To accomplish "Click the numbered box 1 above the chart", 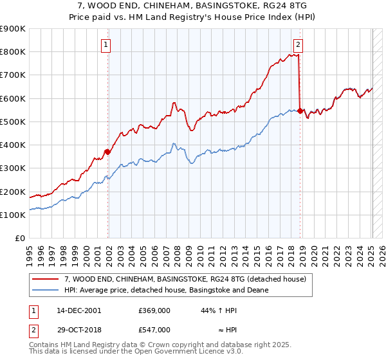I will pos(106,44).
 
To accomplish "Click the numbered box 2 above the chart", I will pos(299,44).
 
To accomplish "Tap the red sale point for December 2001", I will pos(108,152).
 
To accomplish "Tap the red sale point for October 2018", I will pos(300,111).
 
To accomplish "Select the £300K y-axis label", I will pos(13,168).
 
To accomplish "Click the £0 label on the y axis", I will pos(20,239).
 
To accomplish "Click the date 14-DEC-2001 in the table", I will pos(79,310).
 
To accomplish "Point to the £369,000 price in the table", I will pos(154,310).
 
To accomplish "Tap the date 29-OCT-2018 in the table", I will pos(79,330).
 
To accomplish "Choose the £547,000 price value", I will pos(154,330).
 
